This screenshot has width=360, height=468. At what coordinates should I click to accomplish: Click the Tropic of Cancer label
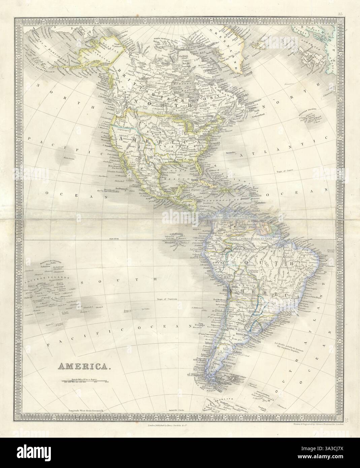(x=285, y=170)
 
